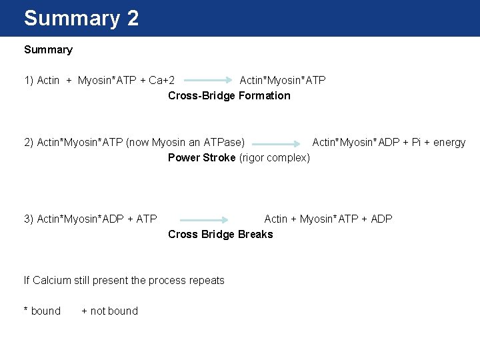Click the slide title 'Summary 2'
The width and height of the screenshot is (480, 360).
(81, 18)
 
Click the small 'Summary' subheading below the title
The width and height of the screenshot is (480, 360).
(48, 50)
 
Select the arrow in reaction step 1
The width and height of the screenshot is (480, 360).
(208, 81)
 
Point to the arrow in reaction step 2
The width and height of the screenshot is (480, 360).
(277, 143)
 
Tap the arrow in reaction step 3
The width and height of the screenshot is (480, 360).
(204, 219)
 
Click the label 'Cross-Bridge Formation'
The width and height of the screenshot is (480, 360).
(229, 96)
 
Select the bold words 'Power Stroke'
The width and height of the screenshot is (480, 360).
(201, 158)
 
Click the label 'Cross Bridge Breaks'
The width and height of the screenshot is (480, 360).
(221, 235)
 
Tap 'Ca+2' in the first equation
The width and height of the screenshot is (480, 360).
(162, 81)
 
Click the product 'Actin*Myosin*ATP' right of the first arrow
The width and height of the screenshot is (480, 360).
(283, 81)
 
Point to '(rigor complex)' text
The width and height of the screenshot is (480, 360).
(274, 158)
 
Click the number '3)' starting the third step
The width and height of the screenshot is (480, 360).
(29, 219)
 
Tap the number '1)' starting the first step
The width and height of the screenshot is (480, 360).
(29, 81)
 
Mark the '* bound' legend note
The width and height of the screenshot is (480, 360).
(42, 311)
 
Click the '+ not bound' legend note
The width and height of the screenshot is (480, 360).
(109, 311)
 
